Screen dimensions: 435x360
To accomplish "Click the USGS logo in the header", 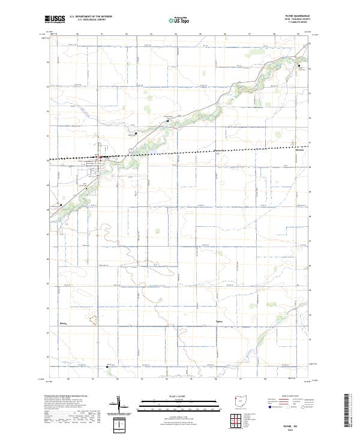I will point(55,19).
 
